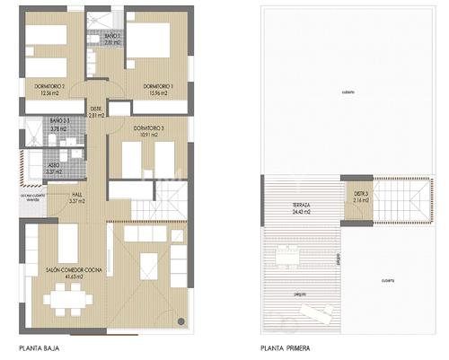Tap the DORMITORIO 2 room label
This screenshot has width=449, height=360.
pyautogui.click(x=49, y=86)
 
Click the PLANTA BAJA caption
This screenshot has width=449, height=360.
pyautogui.click(x=40, y=347)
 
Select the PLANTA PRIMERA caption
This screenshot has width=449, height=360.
pyautogui.click(x=286, y=347)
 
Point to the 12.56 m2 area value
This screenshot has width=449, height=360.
pyautogui.click(x=49, y=93)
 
